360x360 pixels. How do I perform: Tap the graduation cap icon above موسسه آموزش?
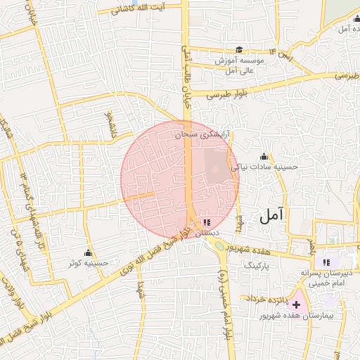(x=239, y=49)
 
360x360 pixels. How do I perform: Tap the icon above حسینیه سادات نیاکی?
(x=264, y=156)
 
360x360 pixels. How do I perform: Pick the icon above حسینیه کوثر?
(x=88, y=252)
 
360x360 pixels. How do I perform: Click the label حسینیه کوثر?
(x=88, y=264)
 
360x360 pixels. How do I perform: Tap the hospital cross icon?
(x=296, y=304)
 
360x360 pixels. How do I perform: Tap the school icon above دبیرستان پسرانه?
(x=326, y=262)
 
